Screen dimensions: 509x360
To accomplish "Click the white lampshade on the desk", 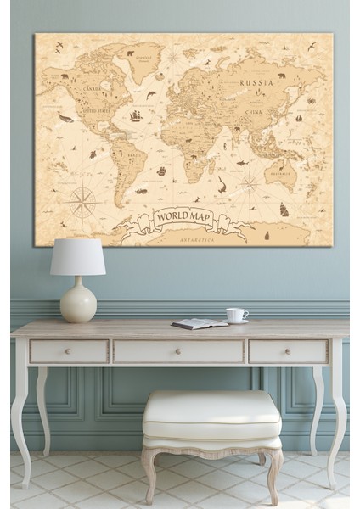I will coord(78,257).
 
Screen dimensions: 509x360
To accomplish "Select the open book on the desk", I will coord(200,322).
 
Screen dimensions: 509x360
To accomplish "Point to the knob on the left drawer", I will coord(70,350).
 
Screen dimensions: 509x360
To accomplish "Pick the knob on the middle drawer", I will coord(178,350).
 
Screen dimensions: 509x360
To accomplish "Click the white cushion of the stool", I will coord(211,415).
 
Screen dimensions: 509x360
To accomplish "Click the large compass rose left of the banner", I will coord(82,199).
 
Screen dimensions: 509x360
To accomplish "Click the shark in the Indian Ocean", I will coord(241,161).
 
